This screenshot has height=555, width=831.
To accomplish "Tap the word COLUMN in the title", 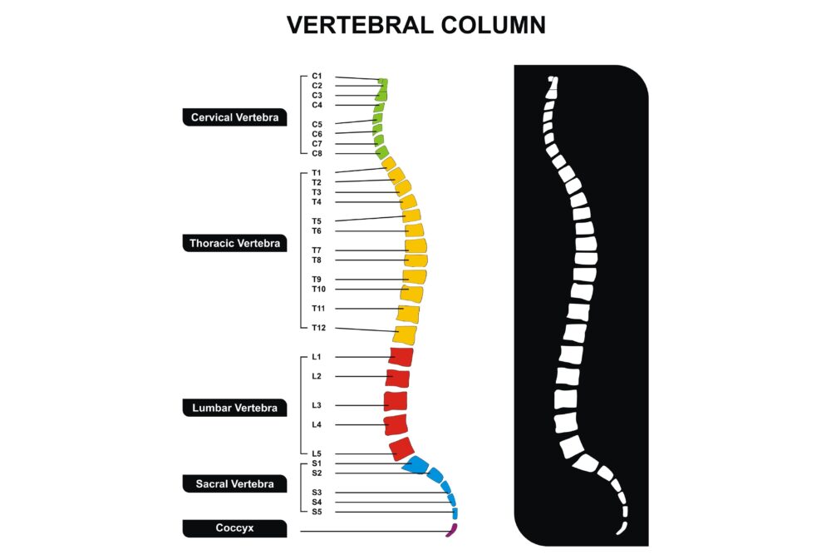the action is click(x=493, y=25).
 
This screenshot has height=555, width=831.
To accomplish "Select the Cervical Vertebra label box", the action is click(x=235, y=117).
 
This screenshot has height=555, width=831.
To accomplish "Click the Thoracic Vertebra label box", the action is click(x=235, y=243).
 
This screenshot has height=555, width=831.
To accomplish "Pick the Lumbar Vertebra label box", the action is click(x=235, y=408).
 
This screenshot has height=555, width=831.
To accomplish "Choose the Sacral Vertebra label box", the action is click(x=235, y=483).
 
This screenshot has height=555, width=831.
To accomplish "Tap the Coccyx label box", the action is click(x=235, y=528).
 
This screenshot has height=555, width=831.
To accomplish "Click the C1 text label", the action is click(x=317, y=76).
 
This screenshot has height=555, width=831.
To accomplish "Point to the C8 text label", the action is click(x=317, y=153).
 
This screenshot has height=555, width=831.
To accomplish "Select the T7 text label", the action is click(x=317, y=250).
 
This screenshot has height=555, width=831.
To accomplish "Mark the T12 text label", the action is click(x=318, y=327).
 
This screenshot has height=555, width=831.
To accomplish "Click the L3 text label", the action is click(x=317, y=405).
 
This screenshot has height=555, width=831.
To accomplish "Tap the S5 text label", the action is click(x=317, y=512).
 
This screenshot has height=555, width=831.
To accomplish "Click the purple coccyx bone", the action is click(x=452, y=530).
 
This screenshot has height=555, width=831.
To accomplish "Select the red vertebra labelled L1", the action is click(x=401, y=357).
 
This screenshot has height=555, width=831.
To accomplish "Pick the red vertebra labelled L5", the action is click(x=401, y=448).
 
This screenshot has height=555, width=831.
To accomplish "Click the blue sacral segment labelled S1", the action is click(x=415, y=465).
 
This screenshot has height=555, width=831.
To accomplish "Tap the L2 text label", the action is click(x=317, y=375).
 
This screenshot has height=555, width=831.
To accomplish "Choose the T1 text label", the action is click(x=317, y=172).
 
